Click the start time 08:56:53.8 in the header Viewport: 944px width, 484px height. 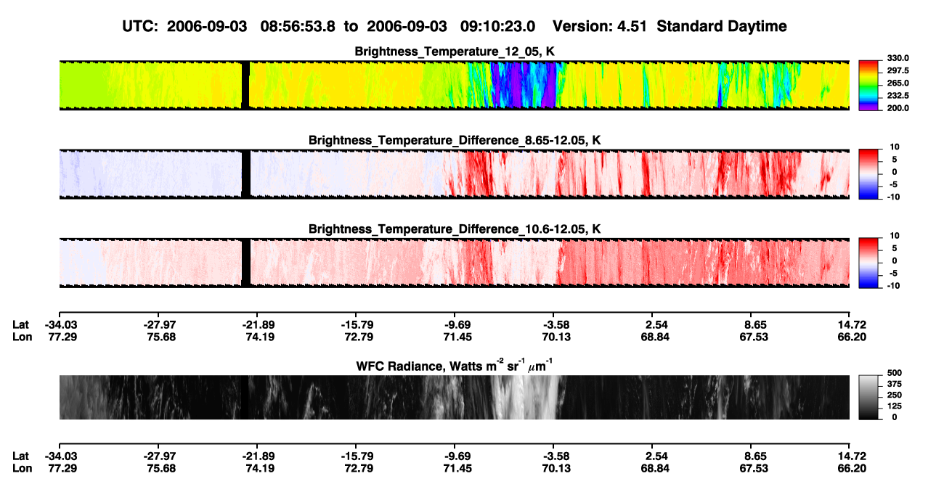point(298,27)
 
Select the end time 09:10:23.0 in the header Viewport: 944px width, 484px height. point(497,27)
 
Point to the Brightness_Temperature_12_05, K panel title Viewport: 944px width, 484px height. point(455,52)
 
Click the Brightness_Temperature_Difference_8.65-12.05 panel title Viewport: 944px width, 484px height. point(455,140)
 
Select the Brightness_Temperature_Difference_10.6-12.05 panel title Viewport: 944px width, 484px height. point(455,229)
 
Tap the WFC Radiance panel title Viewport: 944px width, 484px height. point(455,366)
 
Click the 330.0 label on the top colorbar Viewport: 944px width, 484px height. point(898,58)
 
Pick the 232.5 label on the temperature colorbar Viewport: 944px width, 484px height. point(898,96)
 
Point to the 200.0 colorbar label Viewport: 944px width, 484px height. point(898,108)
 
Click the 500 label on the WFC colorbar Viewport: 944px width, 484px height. point(895,373)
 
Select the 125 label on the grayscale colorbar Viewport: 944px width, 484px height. point(895,406)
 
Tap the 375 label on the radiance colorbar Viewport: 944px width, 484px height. point(895,384)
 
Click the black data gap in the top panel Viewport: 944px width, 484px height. point(245,86)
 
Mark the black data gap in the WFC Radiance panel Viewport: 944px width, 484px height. point(244,397)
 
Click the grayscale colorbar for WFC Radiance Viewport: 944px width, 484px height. point(868,397)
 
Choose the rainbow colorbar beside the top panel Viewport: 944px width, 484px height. point(868,86)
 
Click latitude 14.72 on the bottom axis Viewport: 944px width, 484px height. point(852,456)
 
